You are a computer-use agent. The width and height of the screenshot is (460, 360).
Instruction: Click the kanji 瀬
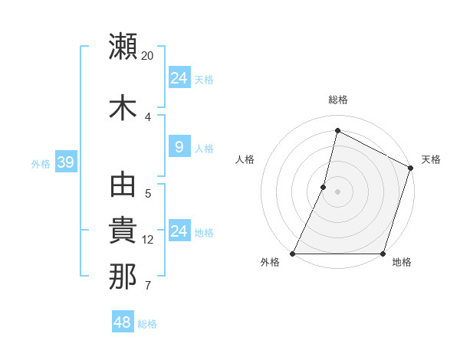[x=123, y=47]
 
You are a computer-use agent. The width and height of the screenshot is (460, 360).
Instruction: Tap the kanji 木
[x=123, y=106]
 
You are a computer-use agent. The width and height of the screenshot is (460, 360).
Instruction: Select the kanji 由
[x=123, y=186]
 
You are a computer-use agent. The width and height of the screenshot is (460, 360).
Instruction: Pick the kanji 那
[x=123, y=277]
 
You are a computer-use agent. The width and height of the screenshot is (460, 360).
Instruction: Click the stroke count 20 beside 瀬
[x=148, y=56]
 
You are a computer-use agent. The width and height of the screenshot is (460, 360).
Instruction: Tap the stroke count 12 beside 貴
[x=148, y=240]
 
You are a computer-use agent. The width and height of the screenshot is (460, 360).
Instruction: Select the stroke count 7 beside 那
[x=148, y=286]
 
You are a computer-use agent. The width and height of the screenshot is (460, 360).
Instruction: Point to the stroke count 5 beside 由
[x=148, y=194]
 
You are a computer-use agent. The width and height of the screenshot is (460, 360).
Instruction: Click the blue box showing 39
[x=65, y=162]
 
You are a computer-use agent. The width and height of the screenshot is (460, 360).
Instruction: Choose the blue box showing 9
[x=179, y=148]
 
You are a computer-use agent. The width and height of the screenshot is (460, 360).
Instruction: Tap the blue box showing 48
[x=122, y=322]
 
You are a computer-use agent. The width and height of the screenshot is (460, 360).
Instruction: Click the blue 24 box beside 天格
[x=179, y=78]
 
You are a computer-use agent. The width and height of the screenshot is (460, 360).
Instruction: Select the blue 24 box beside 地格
[x=179, y=231]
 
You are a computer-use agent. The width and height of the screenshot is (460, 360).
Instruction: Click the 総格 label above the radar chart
[x=338, y=100]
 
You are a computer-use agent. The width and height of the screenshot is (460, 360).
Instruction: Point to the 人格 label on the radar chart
[x=245, y=159]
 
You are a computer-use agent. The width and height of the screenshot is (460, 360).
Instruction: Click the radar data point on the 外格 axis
[x=293, y=254]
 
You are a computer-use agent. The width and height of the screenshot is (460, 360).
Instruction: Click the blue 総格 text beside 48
[x=147, y=324]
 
